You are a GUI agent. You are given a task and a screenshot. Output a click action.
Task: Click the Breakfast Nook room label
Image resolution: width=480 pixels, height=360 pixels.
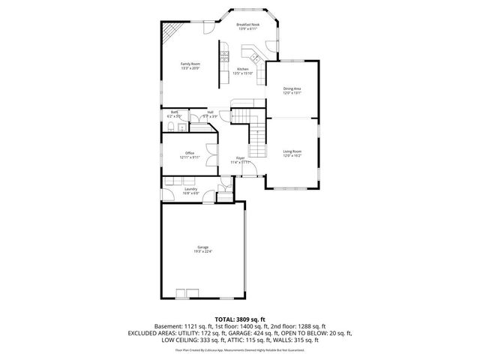click(x=248, y=25)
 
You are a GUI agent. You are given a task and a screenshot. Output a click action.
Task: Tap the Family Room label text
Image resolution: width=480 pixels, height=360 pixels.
click(x=190, y=64)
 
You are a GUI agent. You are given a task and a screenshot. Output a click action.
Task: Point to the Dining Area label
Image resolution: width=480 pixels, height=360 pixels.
click(x=292, y=89)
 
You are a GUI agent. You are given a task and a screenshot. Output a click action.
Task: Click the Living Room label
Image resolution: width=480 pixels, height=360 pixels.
click(x=292, y=151)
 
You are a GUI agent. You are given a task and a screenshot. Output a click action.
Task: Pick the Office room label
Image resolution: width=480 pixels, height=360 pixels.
click(x=190, y=153)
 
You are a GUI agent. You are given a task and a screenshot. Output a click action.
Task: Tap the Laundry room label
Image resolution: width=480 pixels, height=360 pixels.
click(x=191, y=189)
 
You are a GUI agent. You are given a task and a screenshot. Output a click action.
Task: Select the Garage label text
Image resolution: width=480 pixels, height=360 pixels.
click(x=202, y=247)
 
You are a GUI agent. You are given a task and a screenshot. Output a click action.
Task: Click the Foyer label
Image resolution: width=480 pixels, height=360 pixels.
click(x=240, y=157)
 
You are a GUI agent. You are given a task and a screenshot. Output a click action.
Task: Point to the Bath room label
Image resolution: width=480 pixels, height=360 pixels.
click(x=174, y=112)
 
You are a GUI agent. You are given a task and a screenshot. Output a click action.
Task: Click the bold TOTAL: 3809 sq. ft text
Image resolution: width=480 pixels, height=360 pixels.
click(x=240, y=319)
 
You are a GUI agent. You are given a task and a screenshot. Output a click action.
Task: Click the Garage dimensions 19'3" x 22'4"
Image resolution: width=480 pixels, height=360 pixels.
click(x=202, y=251)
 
